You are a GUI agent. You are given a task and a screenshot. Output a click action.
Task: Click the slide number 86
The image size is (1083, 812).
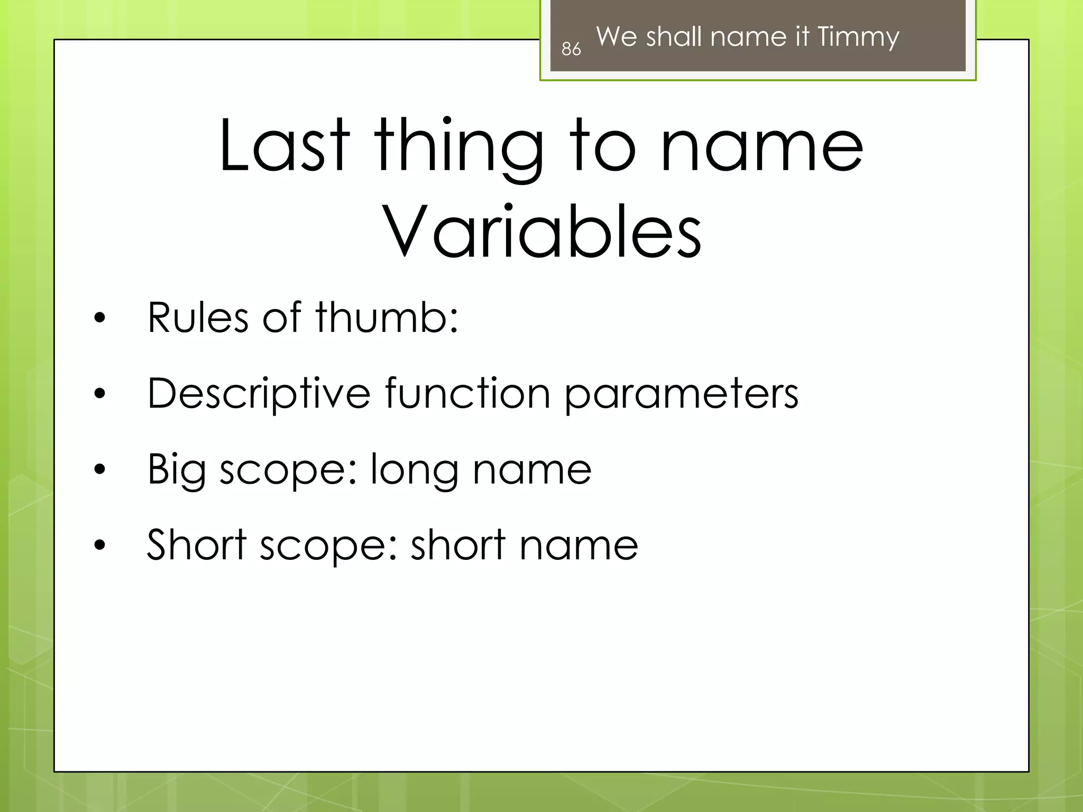pyautogui.click(x=571, y=49)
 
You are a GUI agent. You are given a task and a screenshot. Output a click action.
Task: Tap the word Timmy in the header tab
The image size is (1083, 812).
pyautogui.click(x=858, y=37)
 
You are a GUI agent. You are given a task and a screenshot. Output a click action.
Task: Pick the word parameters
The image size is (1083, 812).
pyautogui.click(x=682, y=395)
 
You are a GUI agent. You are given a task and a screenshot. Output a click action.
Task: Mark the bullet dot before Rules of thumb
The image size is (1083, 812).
pyautogui.click(x=99, y=318)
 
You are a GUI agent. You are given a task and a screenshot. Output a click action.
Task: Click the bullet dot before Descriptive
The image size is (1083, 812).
pyautogui.click(x=99, y=394)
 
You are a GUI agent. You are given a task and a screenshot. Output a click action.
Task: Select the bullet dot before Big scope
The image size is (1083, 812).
pyautogui.click(x=99, y=469)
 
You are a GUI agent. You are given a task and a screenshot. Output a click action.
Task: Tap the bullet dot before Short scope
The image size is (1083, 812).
pyautogui.click(x=99, y=545)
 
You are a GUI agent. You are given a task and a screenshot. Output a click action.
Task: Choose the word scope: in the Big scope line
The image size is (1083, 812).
pyautogui.click(x=289, y=470)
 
